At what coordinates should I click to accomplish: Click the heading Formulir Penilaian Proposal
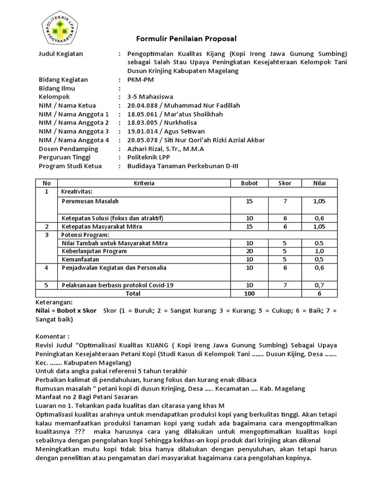pyautogui.click(x=186, y=38)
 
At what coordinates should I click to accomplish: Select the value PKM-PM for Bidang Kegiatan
pyautogui.click(x=140, y=80)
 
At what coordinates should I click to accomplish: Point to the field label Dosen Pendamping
pyautogui.click(x=68, y=149)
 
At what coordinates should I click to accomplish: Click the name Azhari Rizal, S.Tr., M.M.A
pyautogui.click(x=166, y=149)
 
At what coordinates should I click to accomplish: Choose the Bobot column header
pyautogui.click(x=250, y=183)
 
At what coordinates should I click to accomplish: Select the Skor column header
pyautogui.click(x=285, y=183)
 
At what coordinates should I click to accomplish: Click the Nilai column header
pyautogui.click(x=319, y=183)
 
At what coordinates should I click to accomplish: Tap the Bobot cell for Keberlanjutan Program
pyautogui.click(x=250, y=251)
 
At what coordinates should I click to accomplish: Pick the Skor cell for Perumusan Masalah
pyautogui.click(x=285, y=200)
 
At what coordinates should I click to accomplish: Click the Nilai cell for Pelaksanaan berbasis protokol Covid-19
pyautogui.click(x=319, y=285)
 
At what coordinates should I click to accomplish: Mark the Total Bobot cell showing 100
pyautogui.click(x=250, y=293)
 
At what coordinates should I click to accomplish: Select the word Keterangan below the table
pyautogui.click(x=55, y=301)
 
